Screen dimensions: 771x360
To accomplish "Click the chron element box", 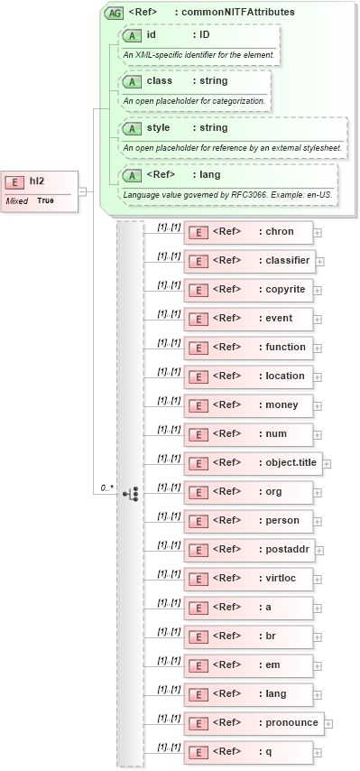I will pos(248,232).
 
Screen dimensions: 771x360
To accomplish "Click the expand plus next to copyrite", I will pos(318,290).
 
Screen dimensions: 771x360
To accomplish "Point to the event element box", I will pos(248,319).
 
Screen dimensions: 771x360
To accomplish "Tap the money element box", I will pos(248,405).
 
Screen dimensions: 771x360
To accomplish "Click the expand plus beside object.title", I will pos(327,463).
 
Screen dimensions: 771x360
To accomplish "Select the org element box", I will pos(248,492).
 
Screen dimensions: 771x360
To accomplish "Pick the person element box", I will pos(248,521).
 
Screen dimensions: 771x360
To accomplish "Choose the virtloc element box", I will pos(248,579).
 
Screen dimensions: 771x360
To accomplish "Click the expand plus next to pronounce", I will pos(328,723).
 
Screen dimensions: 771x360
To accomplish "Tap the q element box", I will pos(248,752).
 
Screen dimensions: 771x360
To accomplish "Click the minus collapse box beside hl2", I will pos(82,190).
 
